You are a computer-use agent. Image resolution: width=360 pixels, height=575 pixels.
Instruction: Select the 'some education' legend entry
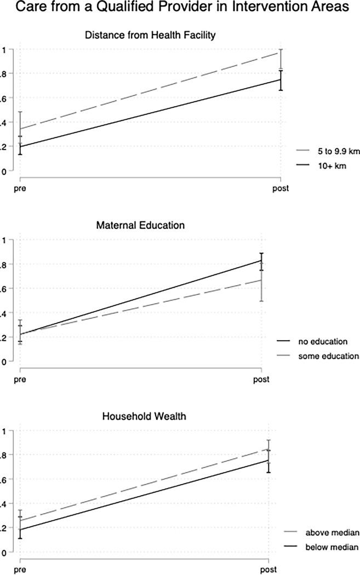point(328,355)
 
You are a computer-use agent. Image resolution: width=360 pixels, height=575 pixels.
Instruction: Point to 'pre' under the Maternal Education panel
point(20,379)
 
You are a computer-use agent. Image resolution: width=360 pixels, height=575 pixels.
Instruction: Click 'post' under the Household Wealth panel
point(268,570)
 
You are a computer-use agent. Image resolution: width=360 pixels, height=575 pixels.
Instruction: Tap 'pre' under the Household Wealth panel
point(20,570)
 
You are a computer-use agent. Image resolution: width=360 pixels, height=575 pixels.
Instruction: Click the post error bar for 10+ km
point(281,80)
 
